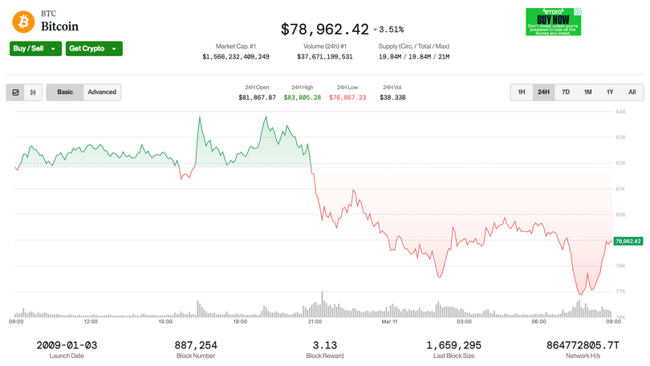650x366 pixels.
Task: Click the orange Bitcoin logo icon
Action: tap(21, 20)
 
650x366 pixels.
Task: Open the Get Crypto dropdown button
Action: tap(94, 48)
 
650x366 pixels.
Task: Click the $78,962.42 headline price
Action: tap(324, 29)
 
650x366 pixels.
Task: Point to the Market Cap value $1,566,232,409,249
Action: tap(236, 57)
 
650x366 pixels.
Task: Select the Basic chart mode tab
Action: tap(65, 92)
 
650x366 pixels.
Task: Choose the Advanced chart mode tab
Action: tap(102, 92)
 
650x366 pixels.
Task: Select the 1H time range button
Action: tap(522, 92)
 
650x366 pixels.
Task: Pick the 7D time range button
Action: tap(566, 92)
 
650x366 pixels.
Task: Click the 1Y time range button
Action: tap(610, 92)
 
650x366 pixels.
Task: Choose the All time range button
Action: tap(632, 92)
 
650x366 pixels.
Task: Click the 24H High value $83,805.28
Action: tap(303, 97)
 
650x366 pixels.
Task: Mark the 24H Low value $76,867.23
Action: tap(347, 97)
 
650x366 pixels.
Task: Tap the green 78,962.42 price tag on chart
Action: tap(628, 241)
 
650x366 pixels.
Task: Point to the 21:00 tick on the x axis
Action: tap(315, 322)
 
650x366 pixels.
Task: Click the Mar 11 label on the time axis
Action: tap(390, 322)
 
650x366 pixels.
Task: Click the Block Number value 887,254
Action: tap(196, 345)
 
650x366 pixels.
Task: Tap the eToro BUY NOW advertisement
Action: tap(554, 22)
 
